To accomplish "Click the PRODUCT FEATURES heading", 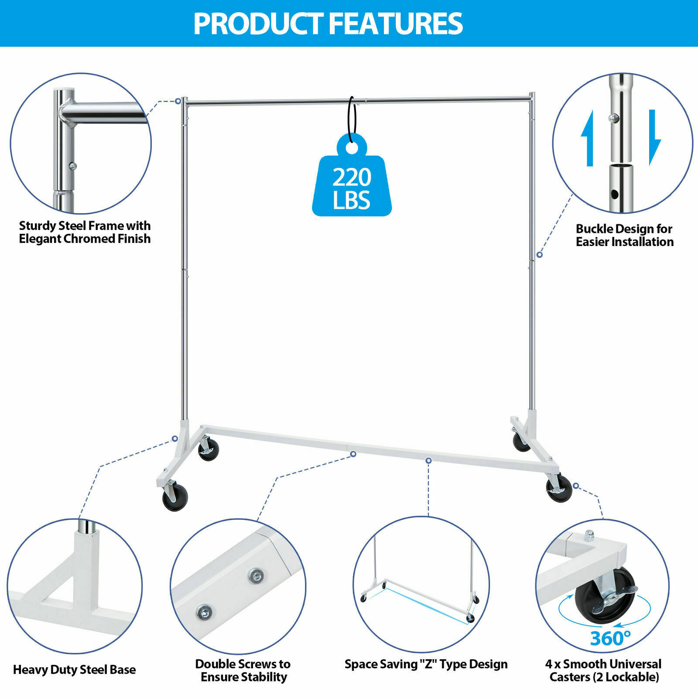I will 328,24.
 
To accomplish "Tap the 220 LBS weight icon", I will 352,183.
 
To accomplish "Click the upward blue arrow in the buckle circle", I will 588,139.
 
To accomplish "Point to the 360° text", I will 610,638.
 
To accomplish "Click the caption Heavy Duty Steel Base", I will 74,670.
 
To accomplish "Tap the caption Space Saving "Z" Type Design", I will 426,664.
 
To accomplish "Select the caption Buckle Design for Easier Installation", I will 624,235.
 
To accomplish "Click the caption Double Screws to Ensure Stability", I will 243,670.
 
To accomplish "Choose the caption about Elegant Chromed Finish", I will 85,232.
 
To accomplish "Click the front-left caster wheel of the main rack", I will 175,499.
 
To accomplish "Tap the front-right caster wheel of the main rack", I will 560,489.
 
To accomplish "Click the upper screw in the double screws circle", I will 256,576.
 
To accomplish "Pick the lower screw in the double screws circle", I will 204,612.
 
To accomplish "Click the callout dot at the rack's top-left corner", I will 178,101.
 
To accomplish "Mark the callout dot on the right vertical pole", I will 540,254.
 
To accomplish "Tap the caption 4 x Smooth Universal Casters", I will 604,670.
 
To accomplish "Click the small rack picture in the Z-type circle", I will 421,580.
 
